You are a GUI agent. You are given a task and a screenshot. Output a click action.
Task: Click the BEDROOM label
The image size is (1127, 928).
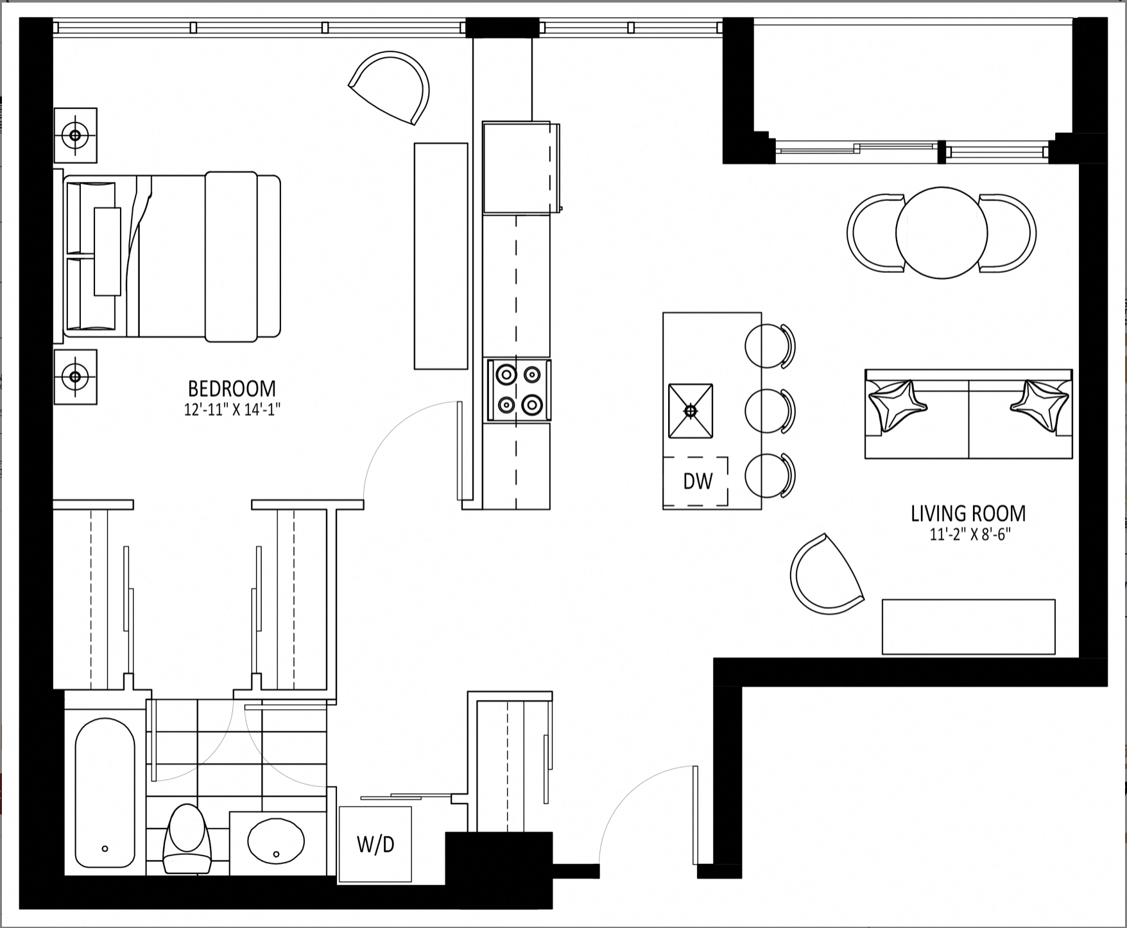(x=232, y=389)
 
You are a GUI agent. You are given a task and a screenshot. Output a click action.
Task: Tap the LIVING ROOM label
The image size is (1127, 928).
(x=968, y=513)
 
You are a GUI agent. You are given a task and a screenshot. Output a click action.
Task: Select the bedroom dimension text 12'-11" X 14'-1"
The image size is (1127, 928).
(x=232, y=410)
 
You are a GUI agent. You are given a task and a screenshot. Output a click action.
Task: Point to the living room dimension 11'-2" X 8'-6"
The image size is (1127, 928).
(x=970, y=535)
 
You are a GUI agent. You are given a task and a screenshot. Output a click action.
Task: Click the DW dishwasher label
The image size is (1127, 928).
(x=698, y=481)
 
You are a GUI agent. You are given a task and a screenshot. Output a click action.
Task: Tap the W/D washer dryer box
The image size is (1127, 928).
(x=375, y=844)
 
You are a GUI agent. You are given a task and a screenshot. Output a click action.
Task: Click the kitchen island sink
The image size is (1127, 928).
(x=691, y=411)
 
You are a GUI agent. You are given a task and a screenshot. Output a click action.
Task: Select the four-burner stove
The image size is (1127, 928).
(x=519, y=390)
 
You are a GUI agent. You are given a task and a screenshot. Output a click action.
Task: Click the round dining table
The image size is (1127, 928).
(x=942, y=232)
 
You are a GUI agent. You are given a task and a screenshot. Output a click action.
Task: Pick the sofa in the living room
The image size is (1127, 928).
(x=968, y=414)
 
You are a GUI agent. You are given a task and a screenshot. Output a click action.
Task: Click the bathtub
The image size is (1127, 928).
(x=105, y=792)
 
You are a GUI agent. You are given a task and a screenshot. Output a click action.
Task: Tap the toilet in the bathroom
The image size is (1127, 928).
(x=187, y=839)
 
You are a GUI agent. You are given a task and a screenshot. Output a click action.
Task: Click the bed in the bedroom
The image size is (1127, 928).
(x=172, y=255)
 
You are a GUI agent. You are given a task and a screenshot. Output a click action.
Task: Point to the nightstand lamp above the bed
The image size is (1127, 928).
(x=75, y=135)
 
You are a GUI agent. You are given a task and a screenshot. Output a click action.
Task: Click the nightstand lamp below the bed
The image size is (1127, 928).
(x=75, y=377)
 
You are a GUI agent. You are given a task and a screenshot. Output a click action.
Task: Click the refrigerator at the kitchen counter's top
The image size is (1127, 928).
(x=520, y=168)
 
